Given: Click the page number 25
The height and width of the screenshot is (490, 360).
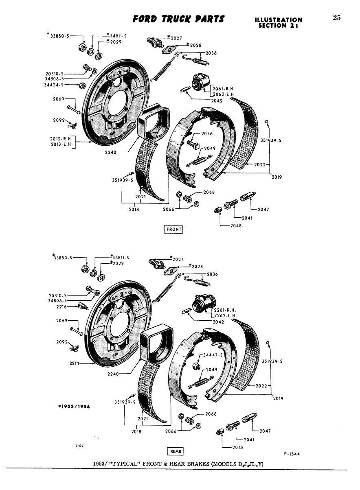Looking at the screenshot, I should click(336, 17).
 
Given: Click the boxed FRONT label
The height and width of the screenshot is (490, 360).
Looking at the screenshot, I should click(173, 229).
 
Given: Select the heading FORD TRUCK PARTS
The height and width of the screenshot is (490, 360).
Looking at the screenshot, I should click(178, 19).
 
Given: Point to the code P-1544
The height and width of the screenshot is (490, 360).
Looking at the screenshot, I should click(292, 455).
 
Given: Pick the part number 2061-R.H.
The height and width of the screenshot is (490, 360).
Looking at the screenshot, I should click(224, 89).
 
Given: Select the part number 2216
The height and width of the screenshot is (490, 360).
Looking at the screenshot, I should click(62, 306).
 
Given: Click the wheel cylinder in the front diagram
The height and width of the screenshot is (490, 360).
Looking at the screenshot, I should click(200, 83).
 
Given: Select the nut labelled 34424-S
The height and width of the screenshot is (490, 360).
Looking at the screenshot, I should click(81, 85).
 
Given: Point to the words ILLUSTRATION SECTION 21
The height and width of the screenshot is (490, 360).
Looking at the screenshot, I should click(278, 23).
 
